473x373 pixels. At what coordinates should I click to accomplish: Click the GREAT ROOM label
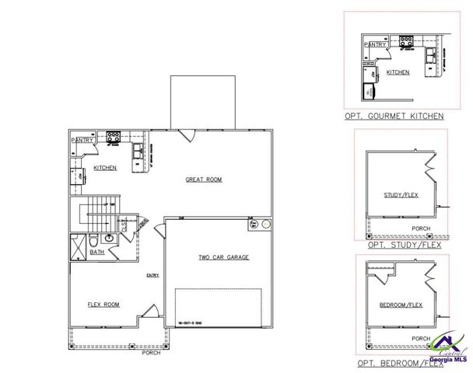tap(203, 180)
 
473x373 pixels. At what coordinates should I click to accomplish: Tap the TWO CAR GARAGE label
tap(223, 256)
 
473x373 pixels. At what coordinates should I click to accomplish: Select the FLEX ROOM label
tap(103, 305)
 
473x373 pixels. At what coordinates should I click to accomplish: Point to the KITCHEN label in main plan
tap(105, 168)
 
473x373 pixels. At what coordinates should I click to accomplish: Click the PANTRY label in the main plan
tap(82, 141)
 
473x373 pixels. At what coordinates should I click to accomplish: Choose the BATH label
tap(97, 252)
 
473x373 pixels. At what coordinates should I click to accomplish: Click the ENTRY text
tap(152, 275)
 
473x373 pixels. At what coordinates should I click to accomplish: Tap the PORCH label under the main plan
tap(152, 352)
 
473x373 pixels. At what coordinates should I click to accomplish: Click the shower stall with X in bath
tap(78, 245)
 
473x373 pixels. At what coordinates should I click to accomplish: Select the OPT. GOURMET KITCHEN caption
tap(394, 116)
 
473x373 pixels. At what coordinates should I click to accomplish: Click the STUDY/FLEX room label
tap(401, 194)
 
